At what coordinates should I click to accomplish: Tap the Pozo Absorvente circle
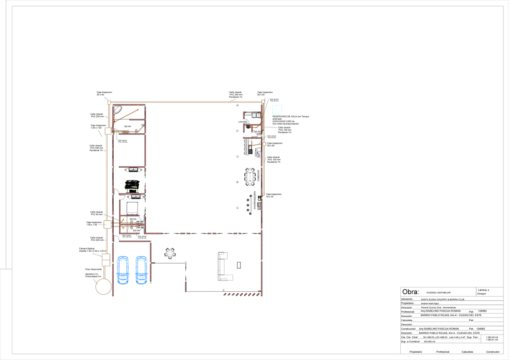(103, 286)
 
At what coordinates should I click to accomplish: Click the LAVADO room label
(243, 122)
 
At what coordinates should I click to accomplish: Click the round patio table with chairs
(170, 253)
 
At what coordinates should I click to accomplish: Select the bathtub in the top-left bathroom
(118, 109)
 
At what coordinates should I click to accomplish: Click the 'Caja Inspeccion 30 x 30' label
(274, 195)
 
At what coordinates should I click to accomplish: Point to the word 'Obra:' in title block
(410, 292)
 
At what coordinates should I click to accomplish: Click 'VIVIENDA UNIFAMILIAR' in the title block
(438, 293)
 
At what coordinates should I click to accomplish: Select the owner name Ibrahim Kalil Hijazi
(430, 304)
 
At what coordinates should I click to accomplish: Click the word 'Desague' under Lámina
(481, 293)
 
